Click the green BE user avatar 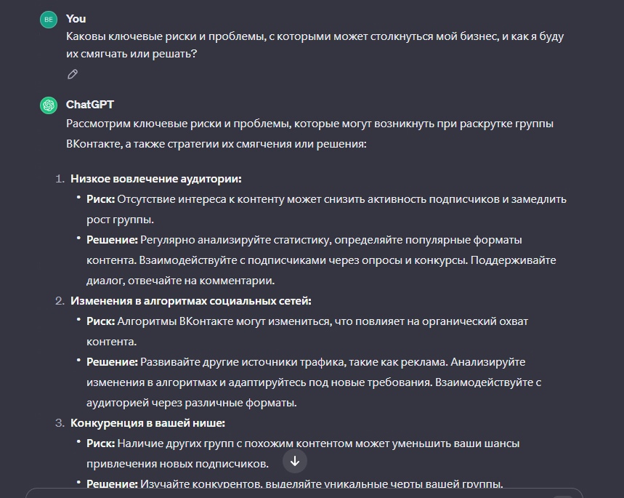[49, 20]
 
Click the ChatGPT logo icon [49, 105]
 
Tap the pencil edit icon [72, 74]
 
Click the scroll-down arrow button [295, 460]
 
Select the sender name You [76, 19]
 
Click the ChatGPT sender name [90, 105]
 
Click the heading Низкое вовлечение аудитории [155, 179]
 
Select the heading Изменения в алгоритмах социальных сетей [190, 301]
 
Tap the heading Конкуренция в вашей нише [147, 423]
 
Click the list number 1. [60, 179]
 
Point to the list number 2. [60, 301]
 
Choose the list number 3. [60, 423]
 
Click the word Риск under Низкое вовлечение [100, 199]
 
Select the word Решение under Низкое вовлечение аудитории [112, 240]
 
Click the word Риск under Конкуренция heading [100, 443]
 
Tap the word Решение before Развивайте [112, 362]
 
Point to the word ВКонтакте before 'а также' [94, 144]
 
